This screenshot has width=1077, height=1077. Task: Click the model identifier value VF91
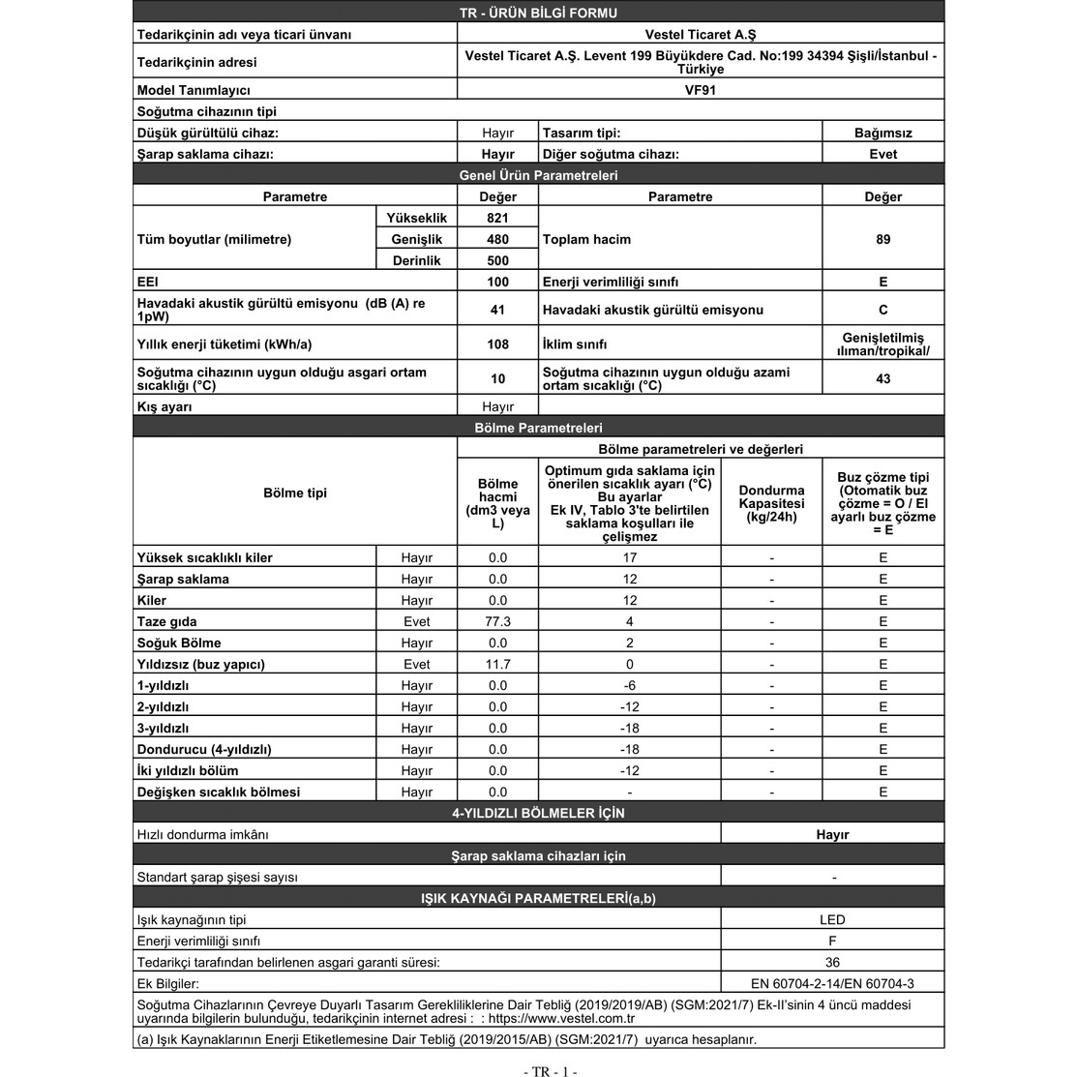point(700,90)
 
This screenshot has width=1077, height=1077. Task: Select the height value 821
point(497,218)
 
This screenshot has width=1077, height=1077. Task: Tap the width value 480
point(497,239)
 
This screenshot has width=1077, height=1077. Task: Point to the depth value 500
point(497,260)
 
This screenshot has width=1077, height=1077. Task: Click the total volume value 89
point(883,239)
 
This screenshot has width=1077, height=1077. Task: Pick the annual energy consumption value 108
point(497,344)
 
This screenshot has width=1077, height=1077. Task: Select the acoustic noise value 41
point(497,310)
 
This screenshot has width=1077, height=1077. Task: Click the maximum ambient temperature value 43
point(883,378)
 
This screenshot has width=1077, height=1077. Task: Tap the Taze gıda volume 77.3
point(497,621)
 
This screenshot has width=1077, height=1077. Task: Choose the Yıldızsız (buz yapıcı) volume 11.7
point(497,664)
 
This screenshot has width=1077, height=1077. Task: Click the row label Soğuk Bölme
point(179,643)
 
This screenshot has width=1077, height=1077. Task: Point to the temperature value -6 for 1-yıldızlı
point(629,685)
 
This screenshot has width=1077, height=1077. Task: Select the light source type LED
point(832,919)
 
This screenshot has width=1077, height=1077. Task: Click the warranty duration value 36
point(832,962)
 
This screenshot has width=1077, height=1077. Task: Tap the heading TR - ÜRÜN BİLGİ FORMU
point(538,13)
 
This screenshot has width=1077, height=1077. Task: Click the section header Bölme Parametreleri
point(538,428)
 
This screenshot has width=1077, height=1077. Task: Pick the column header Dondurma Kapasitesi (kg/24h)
point(771,503)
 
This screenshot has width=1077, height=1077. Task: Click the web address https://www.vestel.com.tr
point(561,1018)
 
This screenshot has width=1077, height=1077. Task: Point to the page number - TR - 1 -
point(550,1071)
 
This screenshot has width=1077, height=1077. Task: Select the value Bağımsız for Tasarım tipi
point(883,133)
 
